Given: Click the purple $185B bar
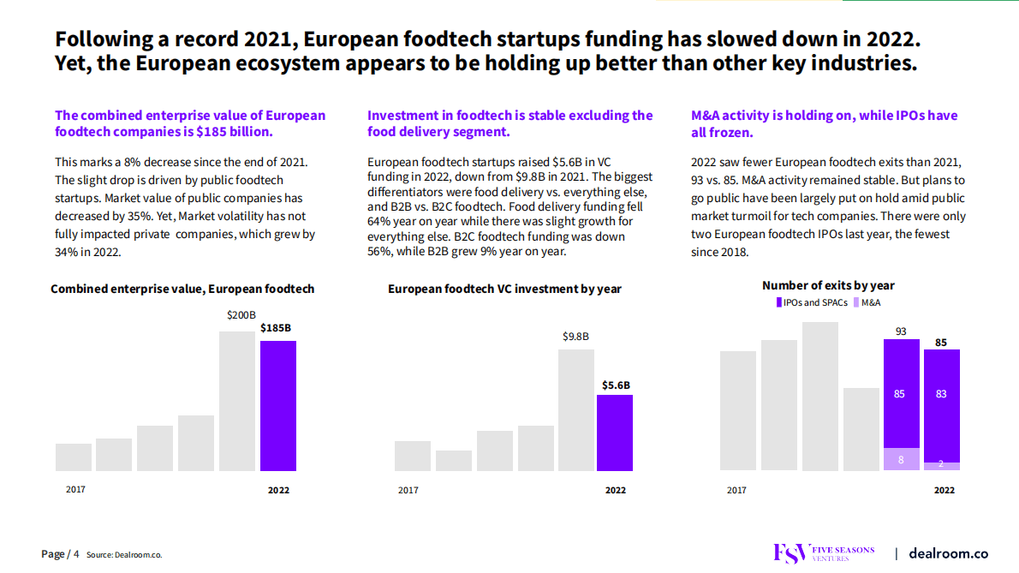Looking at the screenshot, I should (278, 405).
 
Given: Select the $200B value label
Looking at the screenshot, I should (241, 315).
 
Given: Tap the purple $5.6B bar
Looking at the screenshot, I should (615, 433).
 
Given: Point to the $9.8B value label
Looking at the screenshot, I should (575, 337).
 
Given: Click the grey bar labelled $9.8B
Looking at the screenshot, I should (576, 409).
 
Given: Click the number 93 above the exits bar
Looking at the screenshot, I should (901, 331).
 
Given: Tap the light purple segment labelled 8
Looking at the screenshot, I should (901, 460).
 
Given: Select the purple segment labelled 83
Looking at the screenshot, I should (941, 394).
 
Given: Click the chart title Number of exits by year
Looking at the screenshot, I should (828, 285).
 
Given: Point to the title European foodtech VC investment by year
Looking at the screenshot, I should (504, 289).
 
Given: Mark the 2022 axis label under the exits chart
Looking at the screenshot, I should (944, 490).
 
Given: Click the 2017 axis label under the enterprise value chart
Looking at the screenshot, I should (76, 490).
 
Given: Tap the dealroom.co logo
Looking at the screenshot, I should (948, 553).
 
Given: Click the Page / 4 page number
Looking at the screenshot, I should (60, 554).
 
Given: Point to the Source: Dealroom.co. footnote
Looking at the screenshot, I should (124, 555).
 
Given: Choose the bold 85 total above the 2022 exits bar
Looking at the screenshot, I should (941, 343).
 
